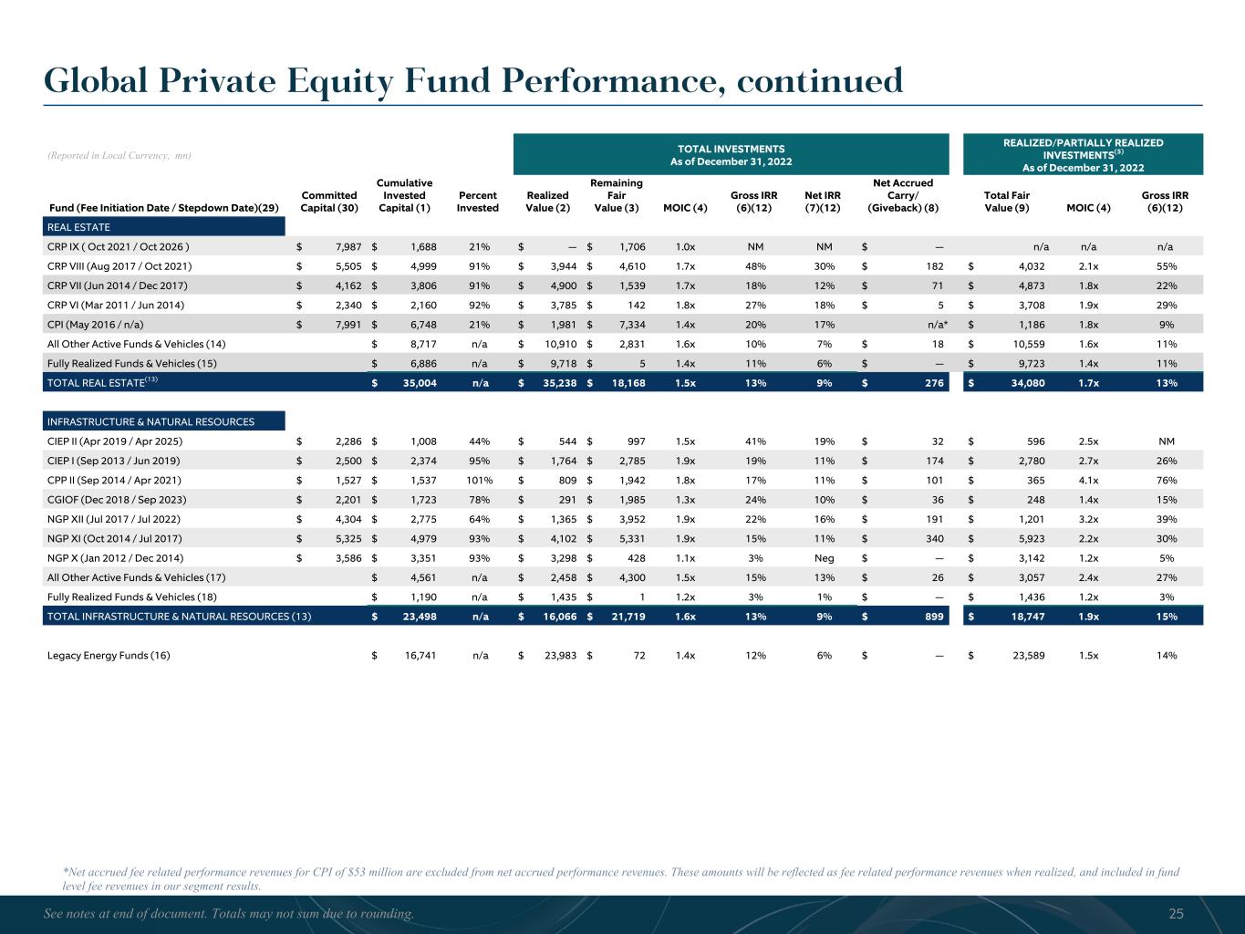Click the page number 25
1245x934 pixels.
(1176, 914)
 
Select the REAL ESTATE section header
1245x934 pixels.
(78, 227)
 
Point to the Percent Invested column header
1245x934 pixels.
(478, 202)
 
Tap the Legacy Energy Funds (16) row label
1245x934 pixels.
(109, 655)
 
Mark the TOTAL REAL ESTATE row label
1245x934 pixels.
(102, 383)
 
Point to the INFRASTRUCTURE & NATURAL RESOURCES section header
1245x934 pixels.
(150, 422)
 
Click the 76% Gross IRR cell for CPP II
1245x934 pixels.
(1165, 481)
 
